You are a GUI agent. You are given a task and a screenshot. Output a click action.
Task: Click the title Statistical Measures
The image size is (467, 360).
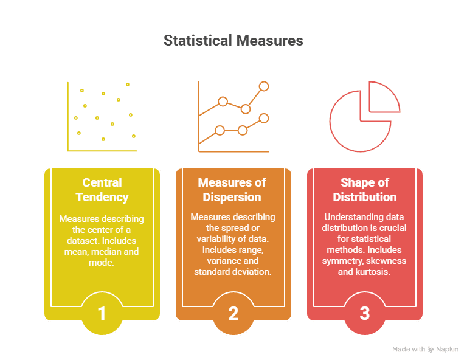(x=233, y=41)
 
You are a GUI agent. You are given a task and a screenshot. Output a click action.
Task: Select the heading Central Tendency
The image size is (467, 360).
(x=102, y=190)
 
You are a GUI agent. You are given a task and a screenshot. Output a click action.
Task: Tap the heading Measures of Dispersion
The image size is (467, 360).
(x=232, y=190)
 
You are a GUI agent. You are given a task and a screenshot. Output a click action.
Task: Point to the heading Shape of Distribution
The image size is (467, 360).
(x=365, y=190)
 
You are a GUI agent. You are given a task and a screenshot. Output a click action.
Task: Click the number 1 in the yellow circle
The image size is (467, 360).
(x=102, y=314)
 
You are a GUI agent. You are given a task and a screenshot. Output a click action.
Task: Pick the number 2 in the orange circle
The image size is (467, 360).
(x=233, y=314)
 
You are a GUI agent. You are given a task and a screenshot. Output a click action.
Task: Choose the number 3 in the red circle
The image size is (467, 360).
(x=365, y=314)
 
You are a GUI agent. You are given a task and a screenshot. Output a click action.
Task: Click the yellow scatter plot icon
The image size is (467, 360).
(x=102, y=117)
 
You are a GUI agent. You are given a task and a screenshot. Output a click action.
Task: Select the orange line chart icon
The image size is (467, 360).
(x=233, y=117)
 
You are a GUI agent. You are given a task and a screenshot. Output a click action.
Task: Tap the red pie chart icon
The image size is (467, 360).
(x=365, y=117)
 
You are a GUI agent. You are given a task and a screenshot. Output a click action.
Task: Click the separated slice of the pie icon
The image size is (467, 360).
(x=384, y=97)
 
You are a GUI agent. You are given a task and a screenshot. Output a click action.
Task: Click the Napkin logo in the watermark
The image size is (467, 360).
(x=431, y=350)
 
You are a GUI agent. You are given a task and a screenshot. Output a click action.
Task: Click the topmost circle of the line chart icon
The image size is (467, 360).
(x=264, y=86)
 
